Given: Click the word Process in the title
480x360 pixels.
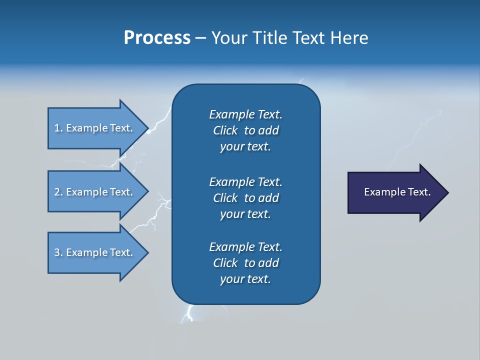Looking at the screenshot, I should [157, 38].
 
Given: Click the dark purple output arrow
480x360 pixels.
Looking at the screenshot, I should [395, 192].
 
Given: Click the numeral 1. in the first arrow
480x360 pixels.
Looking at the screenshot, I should [58, 128].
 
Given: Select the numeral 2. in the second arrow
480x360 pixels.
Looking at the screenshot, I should [58, 192].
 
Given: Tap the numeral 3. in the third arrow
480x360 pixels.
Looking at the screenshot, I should [58, 252].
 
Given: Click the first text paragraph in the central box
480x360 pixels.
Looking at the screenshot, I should [245, 130].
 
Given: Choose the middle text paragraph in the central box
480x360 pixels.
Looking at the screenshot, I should [245, 197].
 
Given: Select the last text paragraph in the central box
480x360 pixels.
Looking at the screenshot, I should [245, 263].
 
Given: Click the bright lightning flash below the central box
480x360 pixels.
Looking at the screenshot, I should [189, 314].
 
